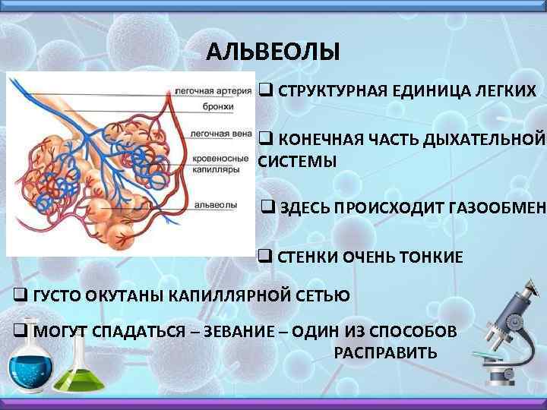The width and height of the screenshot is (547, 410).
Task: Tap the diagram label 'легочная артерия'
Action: pos(213,91)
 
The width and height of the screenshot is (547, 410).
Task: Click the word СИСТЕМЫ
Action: pos(297,162)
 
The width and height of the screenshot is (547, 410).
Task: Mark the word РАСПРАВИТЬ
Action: pos(385,354)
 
